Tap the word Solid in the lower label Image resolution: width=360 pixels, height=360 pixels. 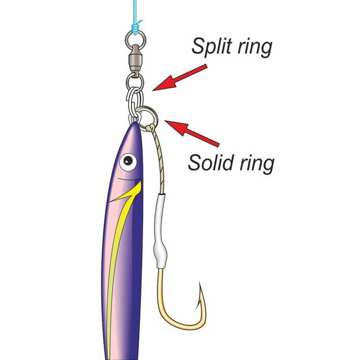(211, 162)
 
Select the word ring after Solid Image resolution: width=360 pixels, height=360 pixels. (257, 164)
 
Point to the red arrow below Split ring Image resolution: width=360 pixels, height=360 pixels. (180, 77)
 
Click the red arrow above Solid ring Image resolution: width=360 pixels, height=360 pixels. (192, 133)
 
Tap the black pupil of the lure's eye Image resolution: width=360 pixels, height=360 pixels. (128, 161)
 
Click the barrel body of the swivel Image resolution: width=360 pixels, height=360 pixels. (135, 58)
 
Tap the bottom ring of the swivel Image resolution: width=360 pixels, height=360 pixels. (135, 81)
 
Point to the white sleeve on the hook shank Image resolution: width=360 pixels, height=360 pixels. (160, 231)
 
